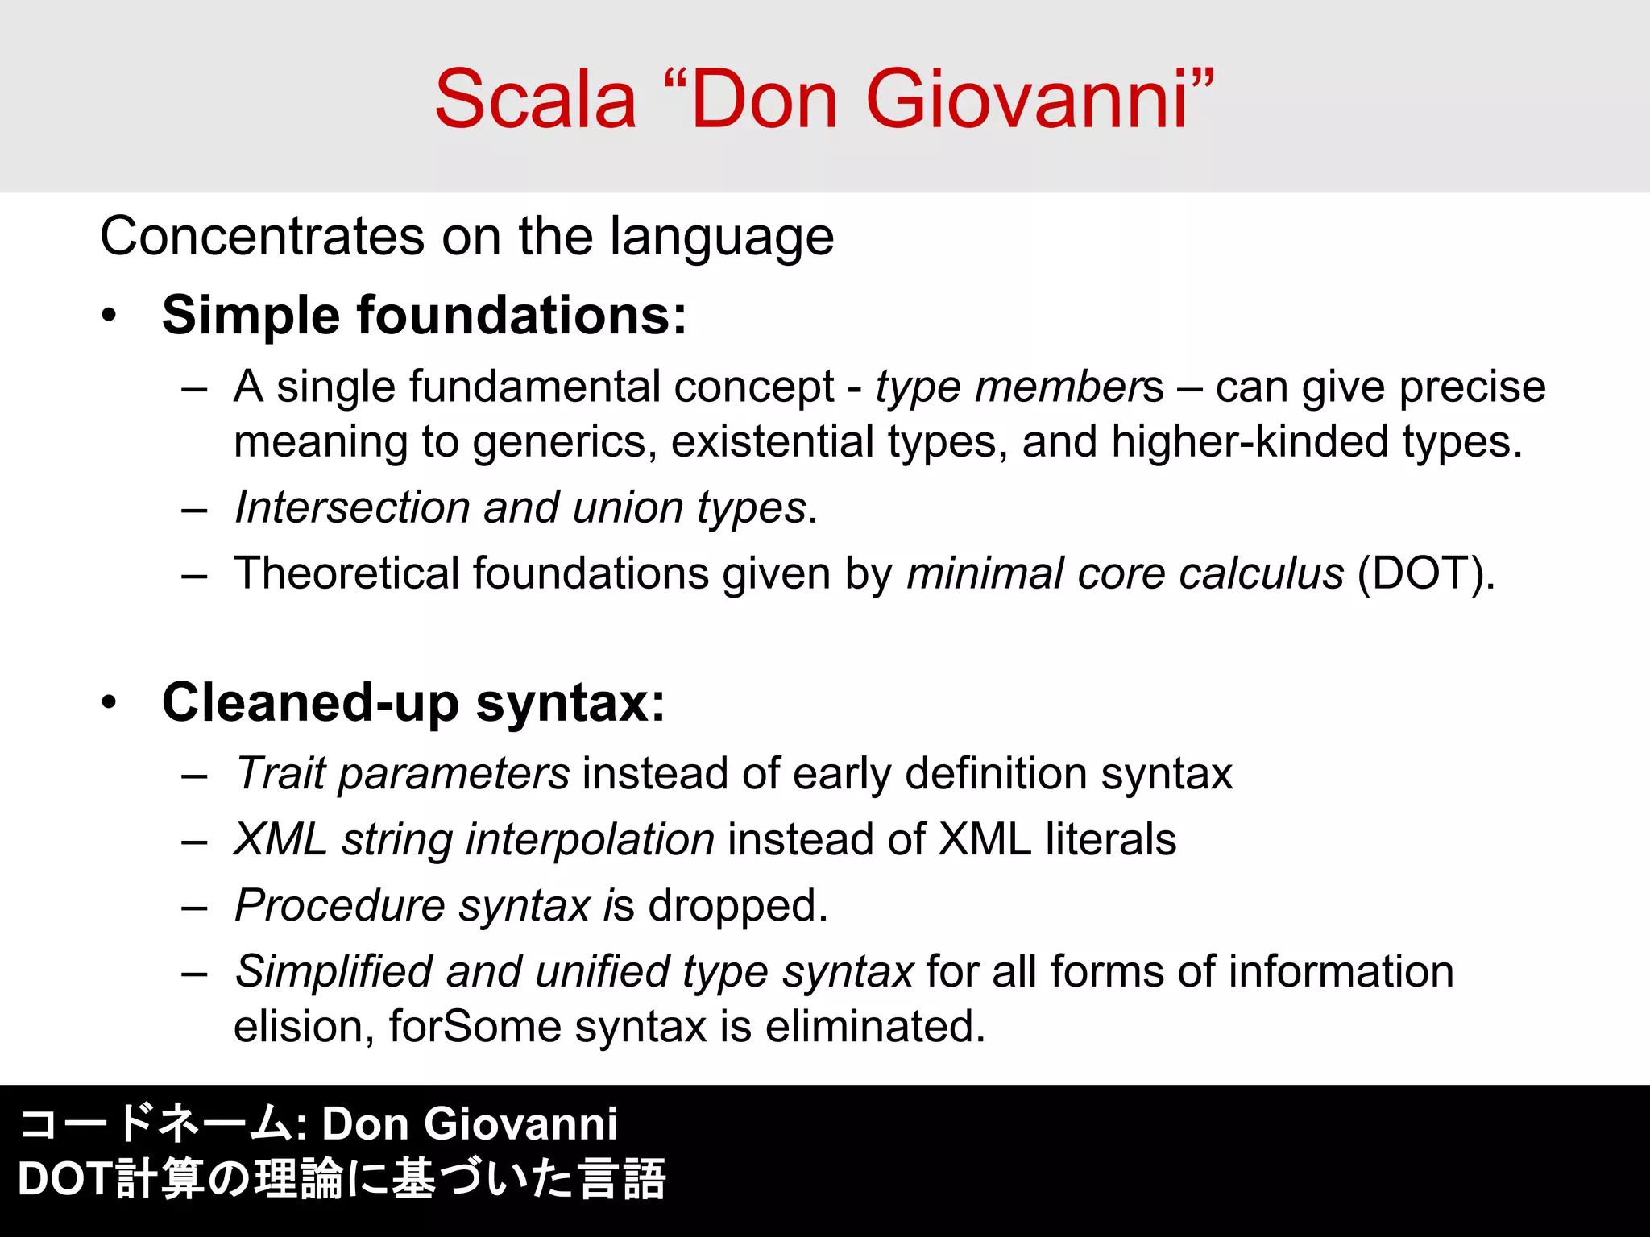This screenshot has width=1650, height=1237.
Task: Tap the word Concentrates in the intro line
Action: coord(262,237)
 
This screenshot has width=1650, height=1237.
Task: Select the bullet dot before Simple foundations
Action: coord(110,316)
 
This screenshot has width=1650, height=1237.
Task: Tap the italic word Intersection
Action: coord(352,508)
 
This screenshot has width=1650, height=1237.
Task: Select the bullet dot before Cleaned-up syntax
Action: coord(110,702)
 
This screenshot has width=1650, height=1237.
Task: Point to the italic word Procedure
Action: coord(339,906)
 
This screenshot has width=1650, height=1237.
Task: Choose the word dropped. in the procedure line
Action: coord(737,906)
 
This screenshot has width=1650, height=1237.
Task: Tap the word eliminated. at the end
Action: coord(875,1027)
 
